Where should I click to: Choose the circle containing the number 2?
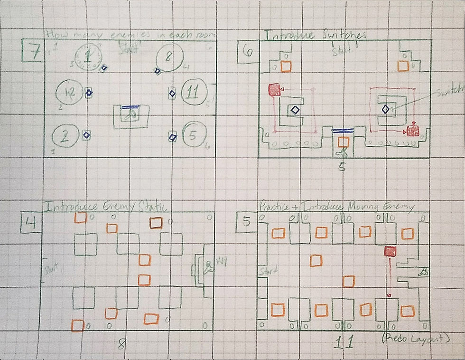pyautogui.click(x=65, y=137)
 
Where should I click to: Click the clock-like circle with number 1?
pyautogui.click(x=88, y=57)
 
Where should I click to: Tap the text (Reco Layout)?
pyautogui.click(x=416, y=339)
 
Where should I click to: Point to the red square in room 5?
pyautogui.click(x=390, y=252)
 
